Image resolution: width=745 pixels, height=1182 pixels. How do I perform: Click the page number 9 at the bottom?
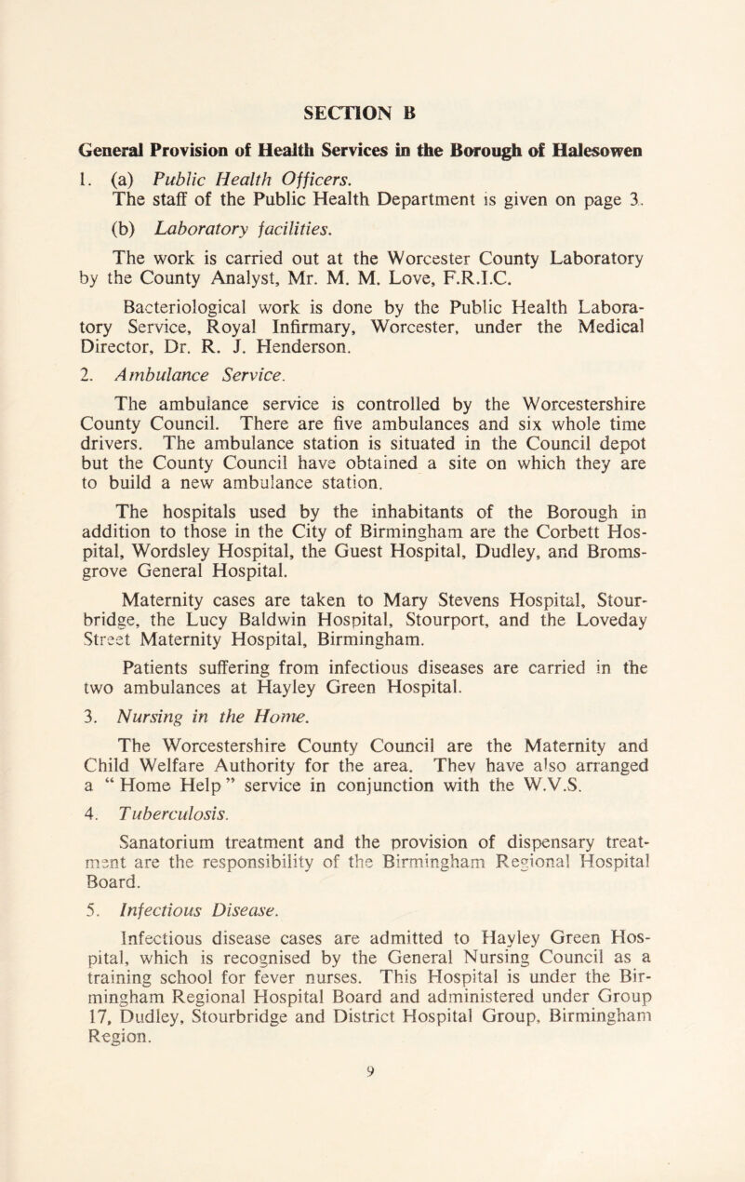coord(372,1166)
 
